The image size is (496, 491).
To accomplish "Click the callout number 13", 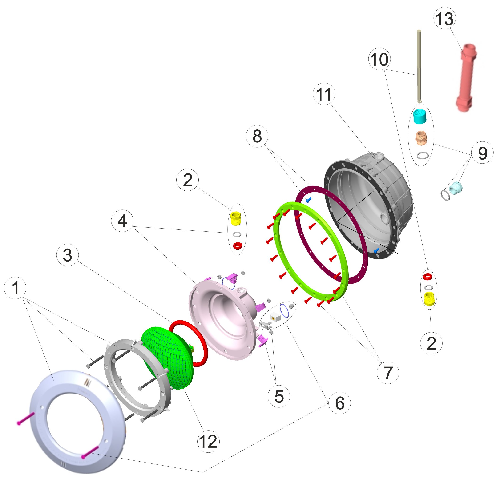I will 444,19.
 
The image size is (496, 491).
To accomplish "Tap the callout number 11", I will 324,94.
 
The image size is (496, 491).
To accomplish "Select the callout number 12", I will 208,442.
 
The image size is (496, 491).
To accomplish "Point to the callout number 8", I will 257,136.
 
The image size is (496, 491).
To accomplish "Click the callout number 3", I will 68,255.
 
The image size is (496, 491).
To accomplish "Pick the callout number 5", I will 279,396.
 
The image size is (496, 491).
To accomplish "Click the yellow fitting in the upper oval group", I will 235,218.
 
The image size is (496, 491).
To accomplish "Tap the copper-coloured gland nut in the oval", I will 421,137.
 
